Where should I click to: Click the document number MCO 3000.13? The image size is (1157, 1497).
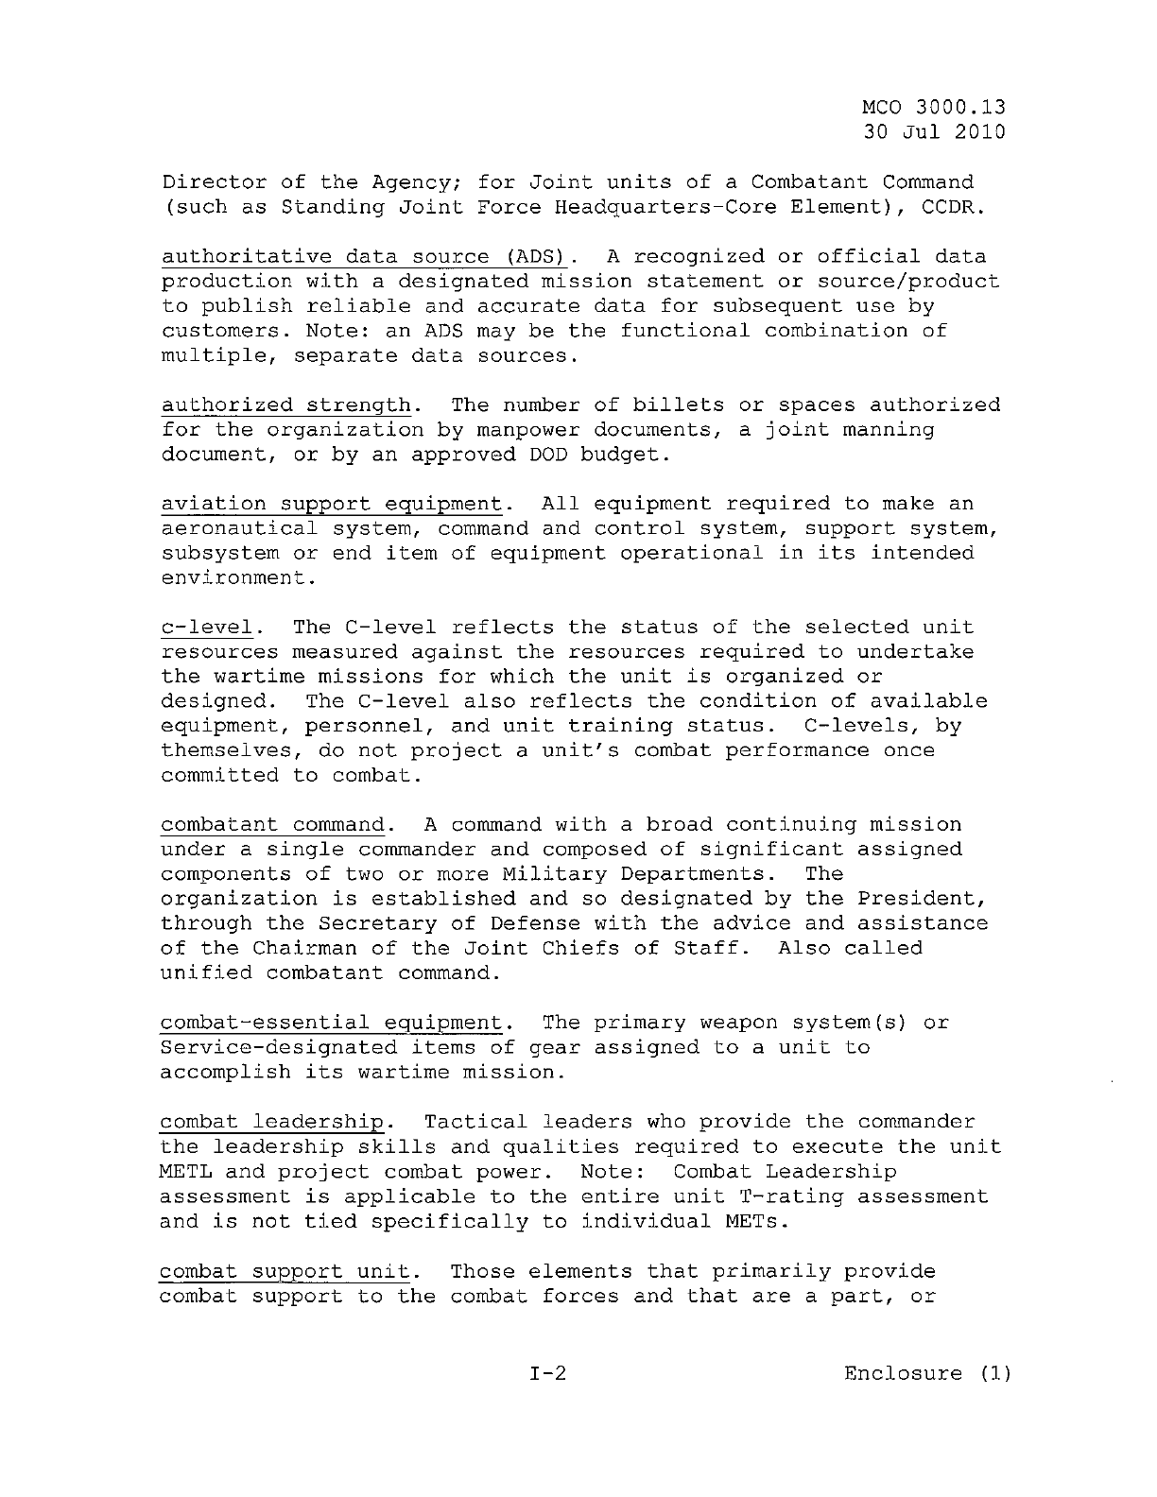(934, 107)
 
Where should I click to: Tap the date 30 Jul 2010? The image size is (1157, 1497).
(934, 131)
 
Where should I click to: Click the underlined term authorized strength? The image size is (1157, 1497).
(286, 405)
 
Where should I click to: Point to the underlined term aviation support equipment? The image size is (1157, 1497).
(331, 504)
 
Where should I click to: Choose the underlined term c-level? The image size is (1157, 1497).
(207, 628)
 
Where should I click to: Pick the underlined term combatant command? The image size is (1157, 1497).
(273, 825)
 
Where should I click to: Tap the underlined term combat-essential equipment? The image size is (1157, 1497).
(331, 1023)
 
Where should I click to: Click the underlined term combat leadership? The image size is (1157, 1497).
(273, 1122)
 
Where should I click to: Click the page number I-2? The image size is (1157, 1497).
(548, 1373)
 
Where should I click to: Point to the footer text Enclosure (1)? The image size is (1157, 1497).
(927, 1373)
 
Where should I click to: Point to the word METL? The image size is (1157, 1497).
(186, 1172)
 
